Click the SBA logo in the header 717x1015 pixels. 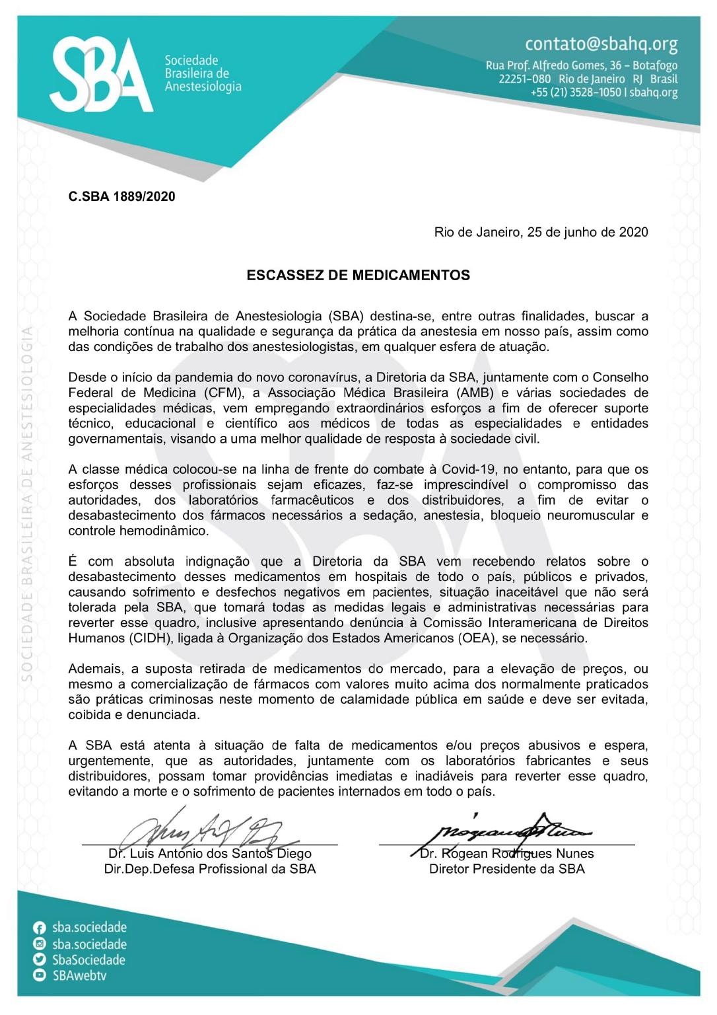coord(101,75)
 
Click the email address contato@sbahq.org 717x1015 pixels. coord(601,44)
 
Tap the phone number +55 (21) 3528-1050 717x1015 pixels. coord(576,93)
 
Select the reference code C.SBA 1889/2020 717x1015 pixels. coord(121,196)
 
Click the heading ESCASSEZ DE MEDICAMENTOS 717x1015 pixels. coord(358,275)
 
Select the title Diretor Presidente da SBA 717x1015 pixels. coord(506,868)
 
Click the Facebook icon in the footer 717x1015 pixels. coord(40,928)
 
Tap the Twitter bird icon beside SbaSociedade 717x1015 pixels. coord(40,959)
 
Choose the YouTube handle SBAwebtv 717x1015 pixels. coord(79,975)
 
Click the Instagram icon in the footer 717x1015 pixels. coord(40,944)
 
